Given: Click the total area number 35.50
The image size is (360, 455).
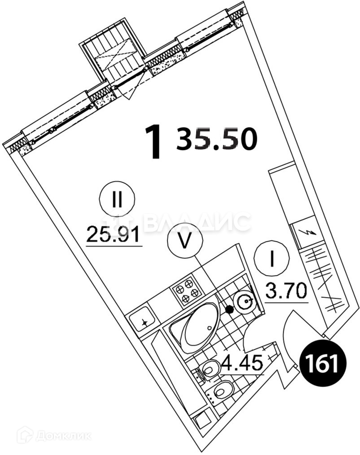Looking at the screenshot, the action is click(x=217, y=138).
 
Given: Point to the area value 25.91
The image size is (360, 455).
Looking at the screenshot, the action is click(x=114, y=234).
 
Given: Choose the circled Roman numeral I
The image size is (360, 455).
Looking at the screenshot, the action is click(x=272, y=260).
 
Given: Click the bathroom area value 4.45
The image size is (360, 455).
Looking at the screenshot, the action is click(x=242, y=362).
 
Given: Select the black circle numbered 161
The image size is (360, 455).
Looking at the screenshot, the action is click(x=321, y=364).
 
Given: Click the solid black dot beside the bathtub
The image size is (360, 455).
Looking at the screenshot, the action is click(x=230, y=309).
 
